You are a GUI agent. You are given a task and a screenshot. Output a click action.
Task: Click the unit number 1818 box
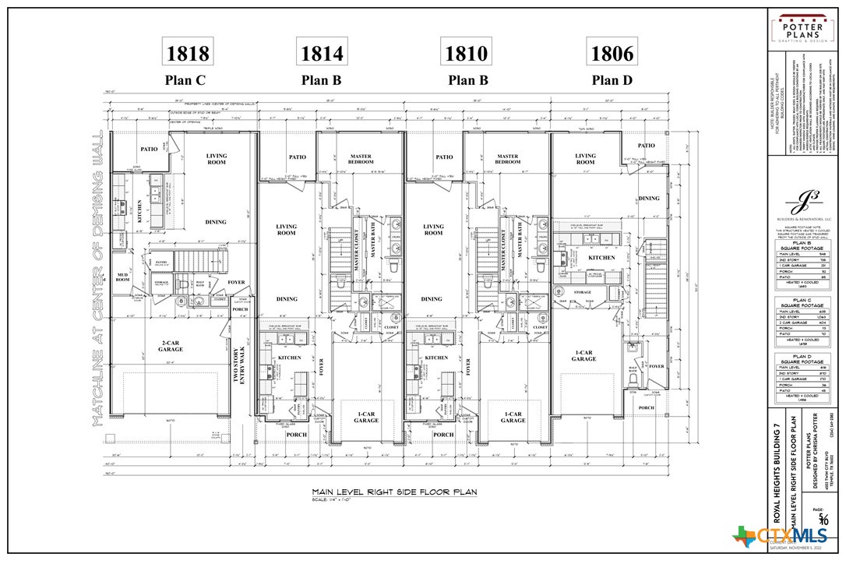(x=188, y=53)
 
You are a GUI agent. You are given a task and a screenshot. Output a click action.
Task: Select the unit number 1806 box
(x=612, y=53)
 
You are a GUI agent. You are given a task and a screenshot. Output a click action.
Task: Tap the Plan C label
(x=185, y=79)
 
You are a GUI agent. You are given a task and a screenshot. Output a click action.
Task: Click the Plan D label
(x=612, y=79)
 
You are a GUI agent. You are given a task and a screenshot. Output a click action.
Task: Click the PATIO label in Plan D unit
(x=646, y=146)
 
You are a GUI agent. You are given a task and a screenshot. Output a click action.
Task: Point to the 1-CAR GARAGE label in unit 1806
(x=583, y=355)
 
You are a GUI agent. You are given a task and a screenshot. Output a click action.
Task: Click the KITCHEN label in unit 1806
(x=601, y=257)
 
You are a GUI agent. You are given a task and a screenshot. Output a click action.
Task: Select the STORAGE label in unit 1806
(x=583, y=294)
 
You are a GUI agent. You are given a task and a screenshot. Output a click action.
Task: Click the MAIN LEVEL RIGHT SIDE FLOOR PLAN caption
(x=394, y=492)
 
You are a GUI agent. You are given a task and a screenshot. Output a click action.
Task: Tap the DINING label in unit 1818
(x=216, y=222)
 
